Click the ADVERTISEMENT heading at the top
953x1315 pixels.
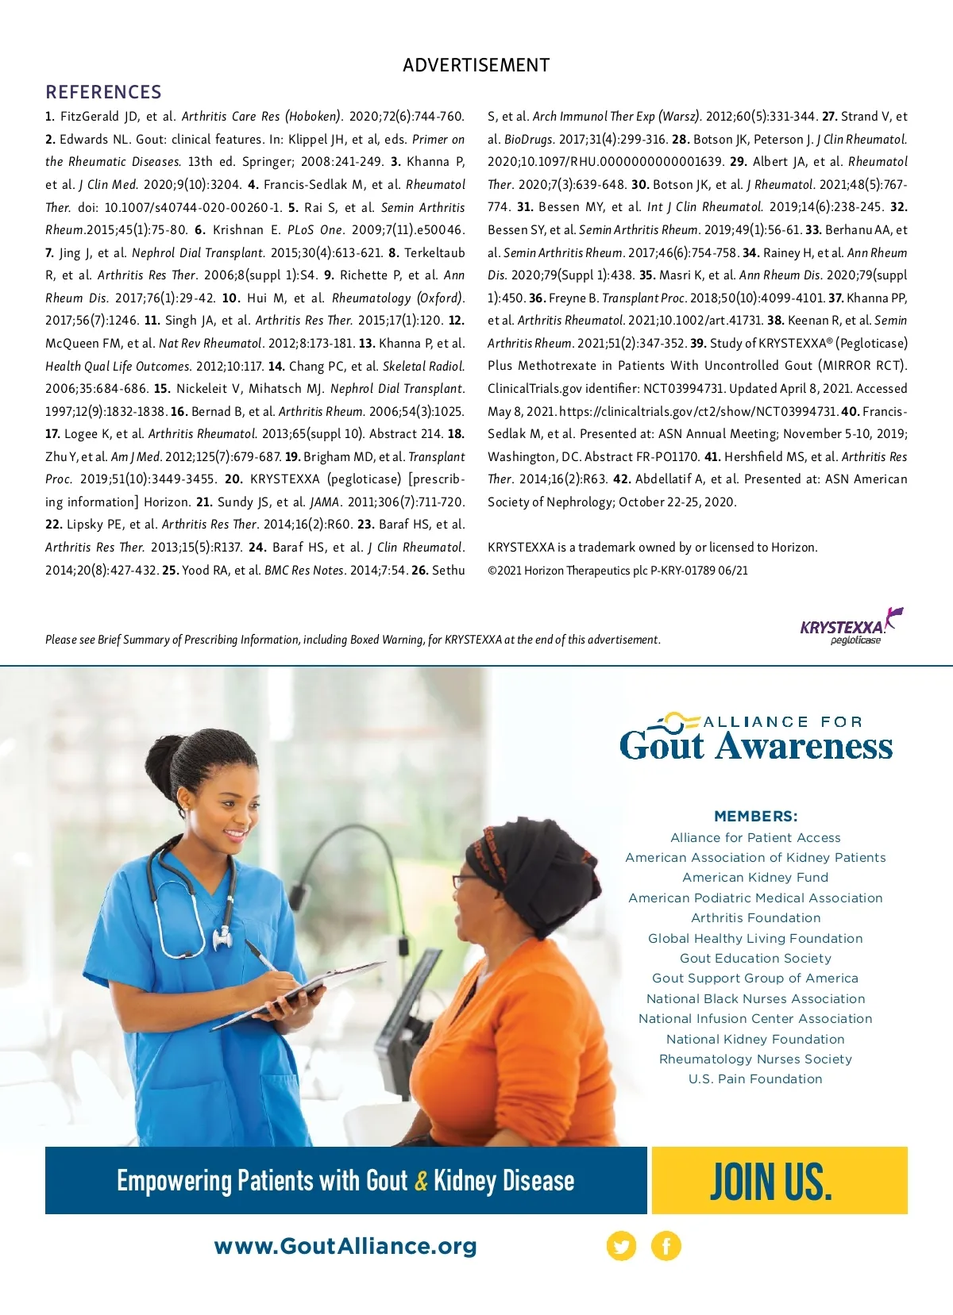click(476, 65)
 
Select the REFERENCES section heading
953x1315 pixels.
click(103, 92)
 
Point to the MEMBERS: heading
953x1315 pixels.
click(755, 817)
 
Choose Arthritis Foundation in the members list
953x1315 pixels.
click(755, 918)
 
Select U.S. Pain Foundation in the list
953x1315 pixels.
click(755, 1079)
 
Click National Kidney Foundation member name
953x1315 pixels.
click(755, 1040)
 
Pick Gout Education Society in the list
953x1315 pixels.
click(755, 959)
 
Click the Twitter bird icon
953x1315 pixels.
click(621, 1246)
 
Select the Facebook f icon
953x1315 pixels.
click(666, 1246)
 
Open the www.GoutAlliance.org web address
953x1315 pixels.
click(345, 1246)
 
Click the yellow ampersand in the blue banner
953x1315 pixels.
click(421, 1182)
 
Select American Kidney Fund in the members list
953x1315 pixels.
click(755, 878)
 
